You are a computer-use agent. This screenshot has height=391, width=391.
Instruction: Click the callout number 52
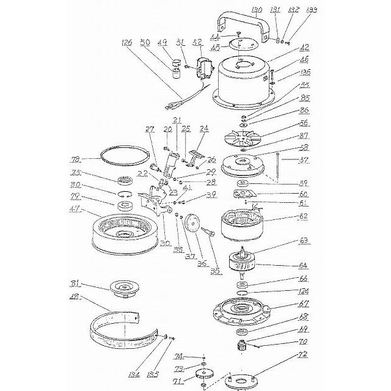coord(197,42)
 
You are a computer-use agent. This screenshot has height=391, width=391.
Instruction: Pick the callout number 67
coord(302,303)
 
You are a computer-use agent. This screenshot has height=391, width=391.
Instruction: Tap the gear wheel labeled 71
coord(202,377)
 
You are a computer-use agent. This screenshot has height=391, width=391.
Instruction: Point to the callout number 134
coord(152,373)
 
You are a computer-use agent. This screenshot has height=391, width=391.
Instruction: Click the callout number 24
coord(203,129)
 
